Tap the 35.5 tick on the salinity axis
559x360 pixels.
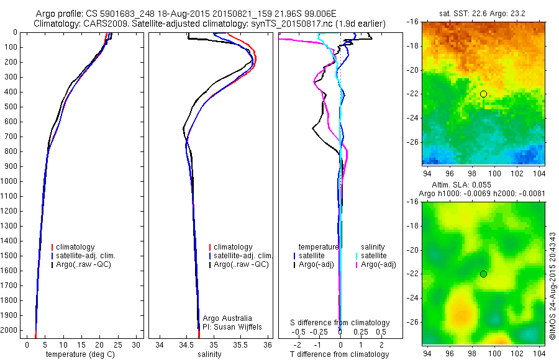point(241,344)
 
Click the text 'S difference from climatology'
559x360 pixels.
point(340,323)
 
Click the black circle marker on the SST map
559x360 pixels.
point(483,94)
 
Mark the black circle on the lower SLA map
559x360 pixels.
point(483,274)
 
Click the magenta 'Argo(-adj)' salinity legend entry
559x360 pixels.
point(378,264)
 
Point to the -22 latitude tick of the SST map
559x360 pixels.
point(414,94)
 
